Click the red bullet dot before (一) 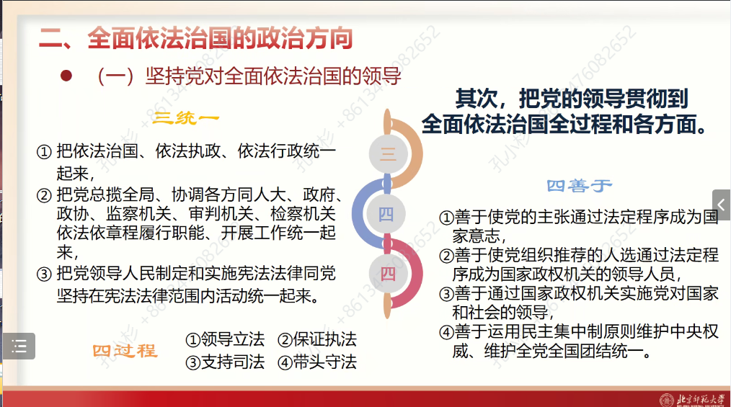(x=67, y=76)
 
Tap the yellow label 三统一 (x=187, y=117)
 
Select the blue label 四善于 (x=579, y=186)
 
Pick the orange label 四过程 (x=125, y=351)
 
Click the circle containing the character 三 (x=387, y=153)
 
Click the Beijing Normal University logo (x=693, y=398)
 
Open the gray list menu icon (x=19, y=346)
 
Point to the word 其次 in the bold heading (x=474, y=98)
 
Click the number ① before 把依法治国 (x=44, y=152)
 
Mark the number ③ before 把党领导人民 (x=44, y=274)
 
